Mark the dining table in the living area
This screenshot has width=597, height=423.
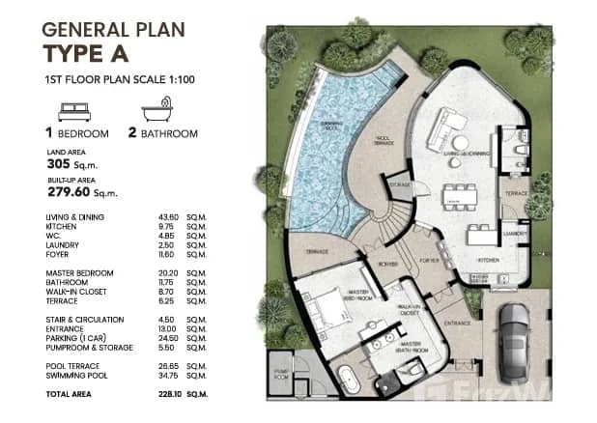click(456, 197)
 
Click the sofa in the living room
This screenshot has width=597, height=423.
click(449, 126)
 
